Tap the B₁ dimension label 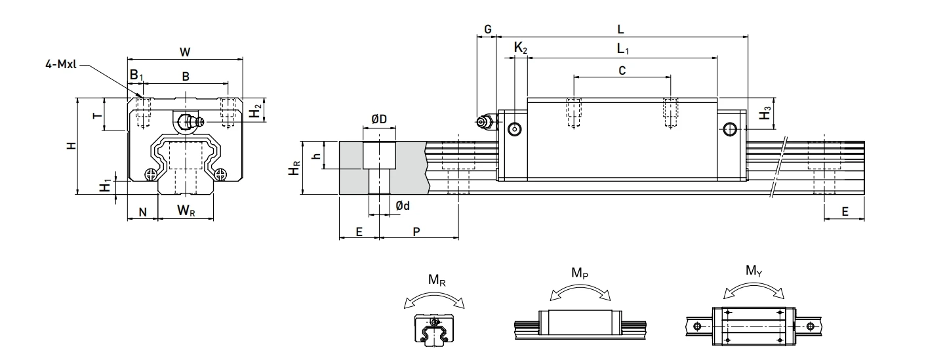point(135,76)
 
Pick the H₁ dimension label point(104,186)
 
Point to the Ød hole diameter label point(403,206)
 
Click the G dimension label point(487,30)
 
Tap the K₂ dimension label point(519,48)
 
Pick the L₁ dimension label point(620,49)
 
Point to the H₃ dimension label point(764,114)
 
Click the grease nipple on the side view point(485,122)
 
